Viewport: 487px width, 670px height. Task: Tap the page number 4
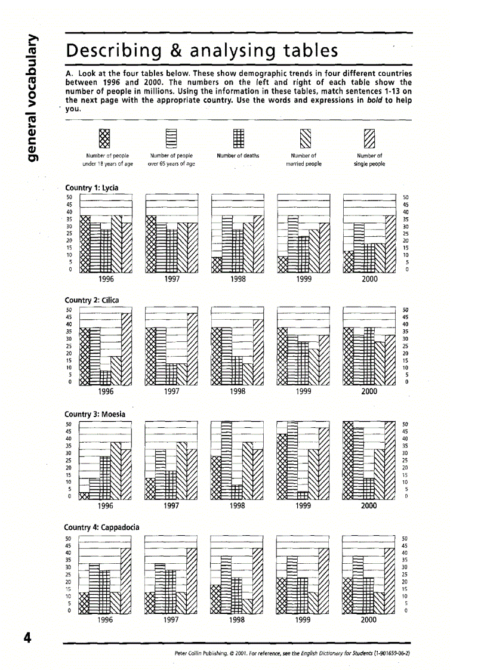[x=27, y=637]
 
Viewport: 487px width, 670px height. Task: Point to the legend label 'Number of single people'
[x=369, y=159]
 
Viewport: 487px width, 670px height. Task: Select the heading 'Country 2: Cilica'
[x=92, y=300]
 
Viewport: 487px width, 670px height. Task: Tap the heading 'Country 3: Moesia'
[x=94, y=413]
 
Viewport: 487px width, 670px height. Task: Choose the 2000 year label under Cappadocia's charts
[x=369, y=620]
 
